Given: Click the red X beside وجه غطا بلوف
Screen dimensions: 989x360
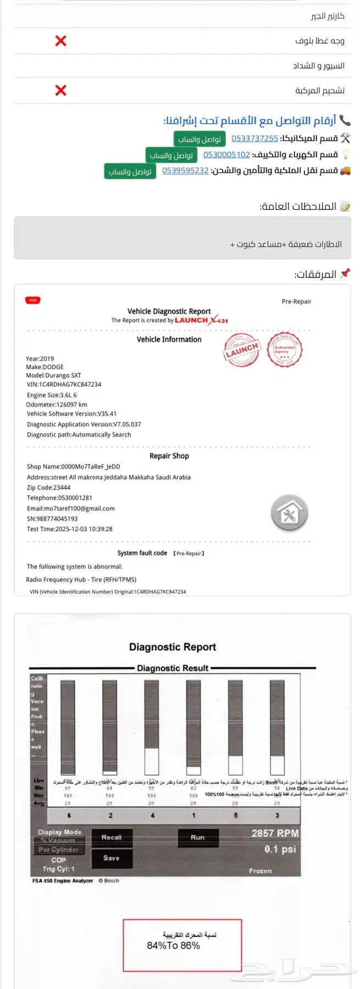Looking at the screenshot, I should click(x=60, y=41).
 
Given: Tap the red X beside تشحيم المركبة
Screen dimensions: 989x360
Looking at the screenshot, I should click(x=60, y=90).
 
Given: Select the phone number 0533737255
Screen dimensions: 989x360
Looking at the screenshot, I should click(x=254, y=138).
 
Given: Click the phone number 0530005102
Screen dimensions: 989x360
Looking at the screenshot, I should click(x=226, y=155).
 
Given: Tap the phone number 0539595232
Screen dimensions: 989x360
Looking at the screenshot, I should click(x=185, y=171).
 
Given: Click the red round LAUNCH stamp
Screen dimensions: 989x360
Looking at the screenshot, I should click(x=241, y=350).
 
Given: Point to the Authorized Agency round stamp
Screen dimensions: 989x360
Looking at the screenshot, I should click(x=284, y=349).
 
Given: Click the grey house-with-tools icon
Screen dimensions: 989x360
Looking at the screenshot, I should click(x=289, y=513).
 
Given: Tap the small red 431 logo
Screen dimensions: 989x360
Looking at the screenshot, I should click(x=33, y=300).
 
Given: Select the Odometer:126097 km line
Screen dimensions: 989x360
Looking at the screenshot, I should click(x=57, y=404).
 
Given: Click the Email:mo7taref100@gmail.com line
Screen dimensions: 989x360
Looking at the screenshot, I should click(x=71, y=508).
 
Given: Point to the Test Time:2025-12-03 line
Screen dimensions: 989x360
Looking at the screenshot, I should click(x=70, y=529).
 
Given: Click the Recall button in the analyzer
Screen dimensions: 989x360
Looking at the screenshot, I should click(x=112, y=837).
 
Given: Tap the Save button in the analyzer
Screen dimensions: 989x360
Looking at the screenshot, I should click(x=112, y=858).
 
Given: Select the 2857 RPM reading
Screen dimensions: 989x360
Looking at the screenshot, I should click(x=275, y=833).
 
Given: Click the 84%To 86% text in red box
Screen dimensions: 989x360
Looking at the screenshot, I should click(x=173, y=946).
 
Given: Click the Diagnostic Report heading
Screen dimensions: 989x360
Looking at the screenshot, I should click(x=173, y=647).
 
